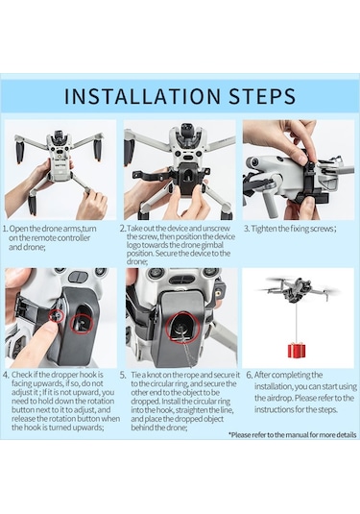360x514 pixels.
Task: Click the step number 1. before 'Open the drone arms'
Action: point(6,229)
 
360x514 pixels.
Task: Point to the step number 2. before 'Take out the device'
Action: point(124,229)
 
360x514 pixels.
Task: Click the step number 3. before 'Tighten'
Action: point(246,229)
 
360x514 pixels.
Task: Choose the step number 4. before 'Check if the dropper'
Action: point(6,373)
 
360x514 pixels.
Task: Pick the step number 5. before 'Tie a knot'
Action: point(124,373)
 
